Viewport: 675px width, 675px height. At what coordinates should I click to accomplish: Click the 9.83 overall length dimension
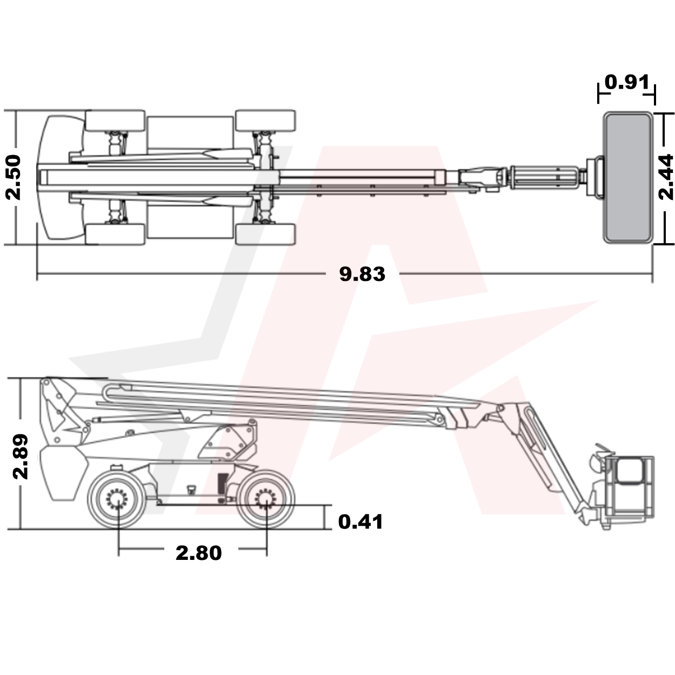[362, 274]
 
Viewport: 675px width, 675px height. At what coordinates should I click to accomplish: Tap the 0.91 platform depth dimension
[626, 82]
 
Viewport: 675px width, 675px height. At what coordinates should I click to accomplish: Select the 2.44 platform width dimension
[667, 177]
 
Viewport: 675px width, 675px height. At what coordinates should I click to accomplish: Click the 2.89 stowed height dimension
[21, 455]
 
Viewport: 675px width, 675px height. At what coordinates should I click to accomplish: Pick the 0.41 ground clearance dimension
[360, 522]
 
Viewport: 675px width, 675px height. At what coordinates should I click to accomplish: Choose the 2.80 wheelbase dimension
[198, 552]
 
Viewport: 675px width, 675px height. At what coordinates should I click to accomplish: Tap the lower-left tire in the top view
[115, 233]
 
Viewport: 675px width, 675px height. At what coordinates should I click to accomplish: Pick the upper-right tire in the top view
[265, 121]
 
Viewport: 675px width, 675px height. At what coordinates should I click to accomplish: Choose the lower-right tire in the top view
[265, 233]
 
